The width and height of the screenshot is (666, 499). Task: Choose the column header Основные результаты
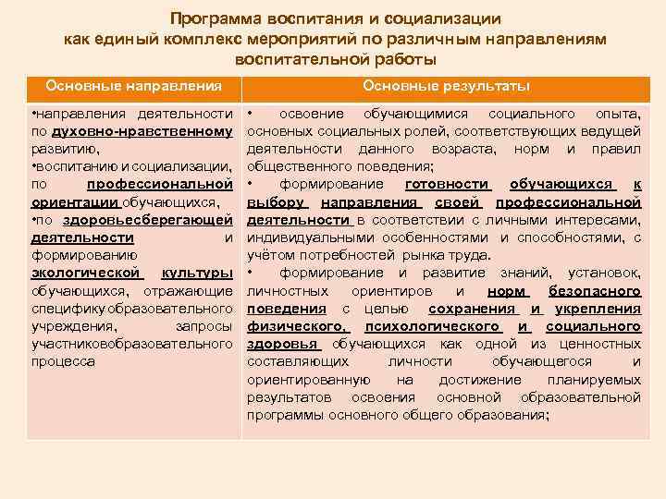(x=446, y=86)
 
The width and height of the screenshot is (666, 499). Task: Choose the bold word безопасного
(x=595, y=290)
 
